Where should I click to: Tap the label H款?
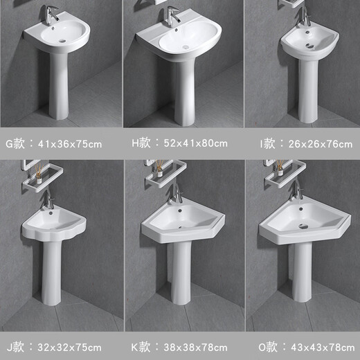pyautogui.click(x=142, y=144)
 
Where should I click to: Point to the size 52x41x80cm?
pyautogui.click(x=198, y=144)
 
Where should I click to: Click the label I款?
pyautogui.click(x=269, y=144)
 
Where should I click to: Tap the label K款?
pyautogui.click(x=142, y=346)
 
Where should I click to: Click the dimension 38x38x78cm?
pyautogui.click(x=198, y=346)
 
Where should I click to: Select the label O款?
pyautogui.click(x=267, y=346)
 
